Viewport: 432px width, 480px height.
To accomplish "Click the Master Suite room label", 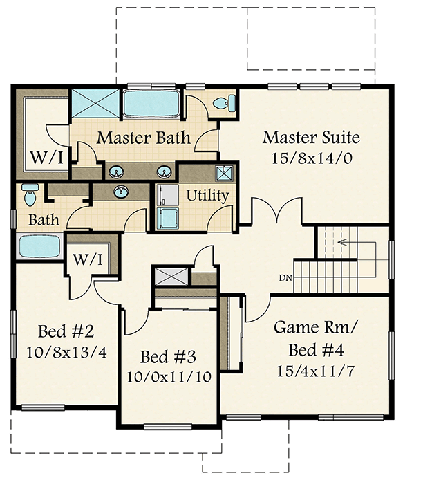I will [311, 136].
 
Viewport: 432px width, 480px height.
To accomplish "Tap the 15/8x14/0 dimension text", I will [311, 157].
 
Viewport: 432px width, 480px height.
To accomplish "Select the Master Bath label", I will [143, 137].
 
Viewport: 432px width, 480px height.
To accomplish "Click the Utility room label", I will [207, 195].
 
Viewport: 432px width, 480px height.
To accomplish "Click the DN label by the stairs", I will [285, 278].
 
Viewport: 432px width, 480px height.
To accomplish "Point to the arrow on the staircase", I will [344, 243].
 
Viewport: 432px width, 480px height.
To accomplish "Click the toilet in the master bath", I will [221, 104].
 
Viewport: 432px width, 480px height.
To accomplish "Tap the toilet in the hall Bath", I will [29, 196].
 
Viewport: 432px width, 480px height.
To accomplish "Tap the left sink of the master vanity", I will [115, 170].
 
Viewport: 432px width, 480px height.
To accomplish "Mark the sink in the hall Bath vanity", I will [121, 191].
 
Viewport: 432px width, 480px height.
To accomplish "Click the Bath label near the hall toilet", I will [44, 221].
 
